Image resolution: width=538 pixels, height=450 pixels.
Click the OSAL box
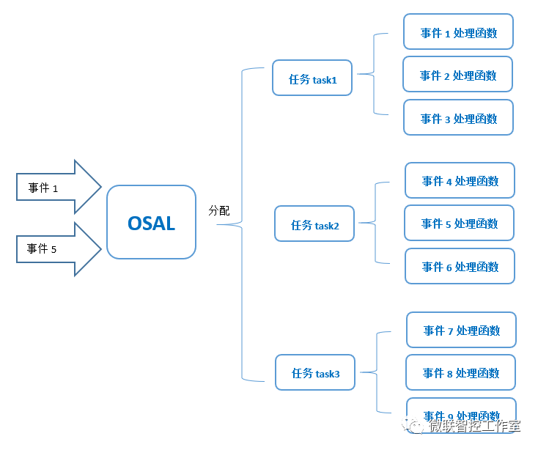(151, 222)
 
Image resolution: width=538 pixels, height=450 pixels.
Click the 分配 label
(218, 210)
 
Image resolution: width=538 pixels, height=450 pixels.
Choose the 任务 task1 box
(312, 78)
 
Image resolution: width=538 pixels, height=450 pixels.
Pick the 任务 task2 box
(314, 224)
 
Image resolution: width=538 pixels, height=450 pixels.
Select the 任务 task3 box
(315, 373)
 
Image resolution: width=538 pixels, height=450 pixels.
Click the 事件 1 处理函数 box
(458, 33)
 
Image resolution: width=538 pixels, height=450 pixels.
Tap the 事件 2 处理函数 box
(458, 75)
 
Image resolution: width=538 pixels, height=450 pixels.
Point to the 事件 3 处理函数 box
(458, 118)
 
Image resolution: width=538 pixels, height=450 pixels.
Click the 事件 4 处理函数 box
(460, 181)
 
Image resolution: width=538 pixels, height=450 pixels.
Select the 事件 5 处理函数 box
(460, 224)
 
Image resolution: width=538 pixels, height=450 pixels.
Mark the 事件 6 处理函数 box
(460, 267)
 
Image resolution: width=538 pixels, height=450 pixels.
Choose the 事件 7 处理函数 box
(461, 331)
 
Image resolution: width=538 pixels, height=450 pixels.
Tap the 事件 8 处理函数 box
(461, 373)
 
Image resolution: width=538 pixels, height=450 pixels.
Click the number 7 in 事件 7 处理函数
(450, 331)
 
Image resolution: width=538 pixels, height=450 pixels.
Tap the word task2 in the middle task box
(327, 226)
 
